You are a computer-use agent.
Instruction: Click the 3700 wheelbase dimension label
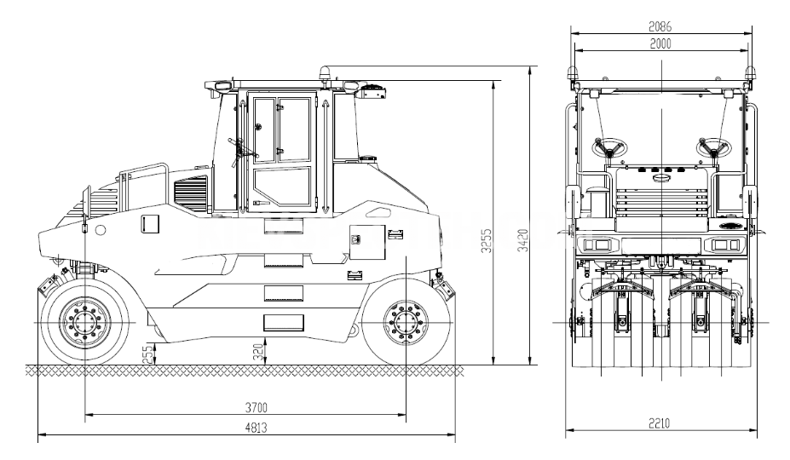(256, 407)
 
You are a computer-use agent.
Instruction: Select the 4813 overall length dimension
(256, 428)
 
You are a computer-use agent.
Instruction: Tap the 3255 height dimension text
(487, 241)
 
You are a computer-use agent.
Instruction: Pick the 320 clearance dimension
(258, 352)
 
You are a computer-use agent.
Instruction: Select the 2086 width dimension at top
(660, 26)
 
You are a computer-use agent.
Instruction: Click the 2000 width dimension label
(660, 43)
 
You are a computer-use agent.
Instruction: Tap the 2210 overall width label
(659, 423)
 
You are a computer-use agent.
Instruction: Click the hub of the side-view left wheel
(85, 323)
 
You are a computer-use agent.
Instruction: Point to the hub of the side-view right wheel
(406, 323)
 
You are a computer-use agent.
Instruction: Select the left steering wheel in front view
(609, 147)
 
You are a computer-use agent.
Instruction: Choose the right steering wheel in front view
(714, 147)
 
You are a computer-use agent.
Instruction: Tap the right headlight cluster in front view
(724, 245)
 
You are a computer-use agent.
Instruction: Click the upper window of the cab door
(281, 130)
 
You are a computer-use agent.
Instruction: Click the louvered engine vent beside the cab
(190, 193)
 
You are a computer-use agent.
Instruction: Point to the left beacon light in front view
(572, 72)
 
